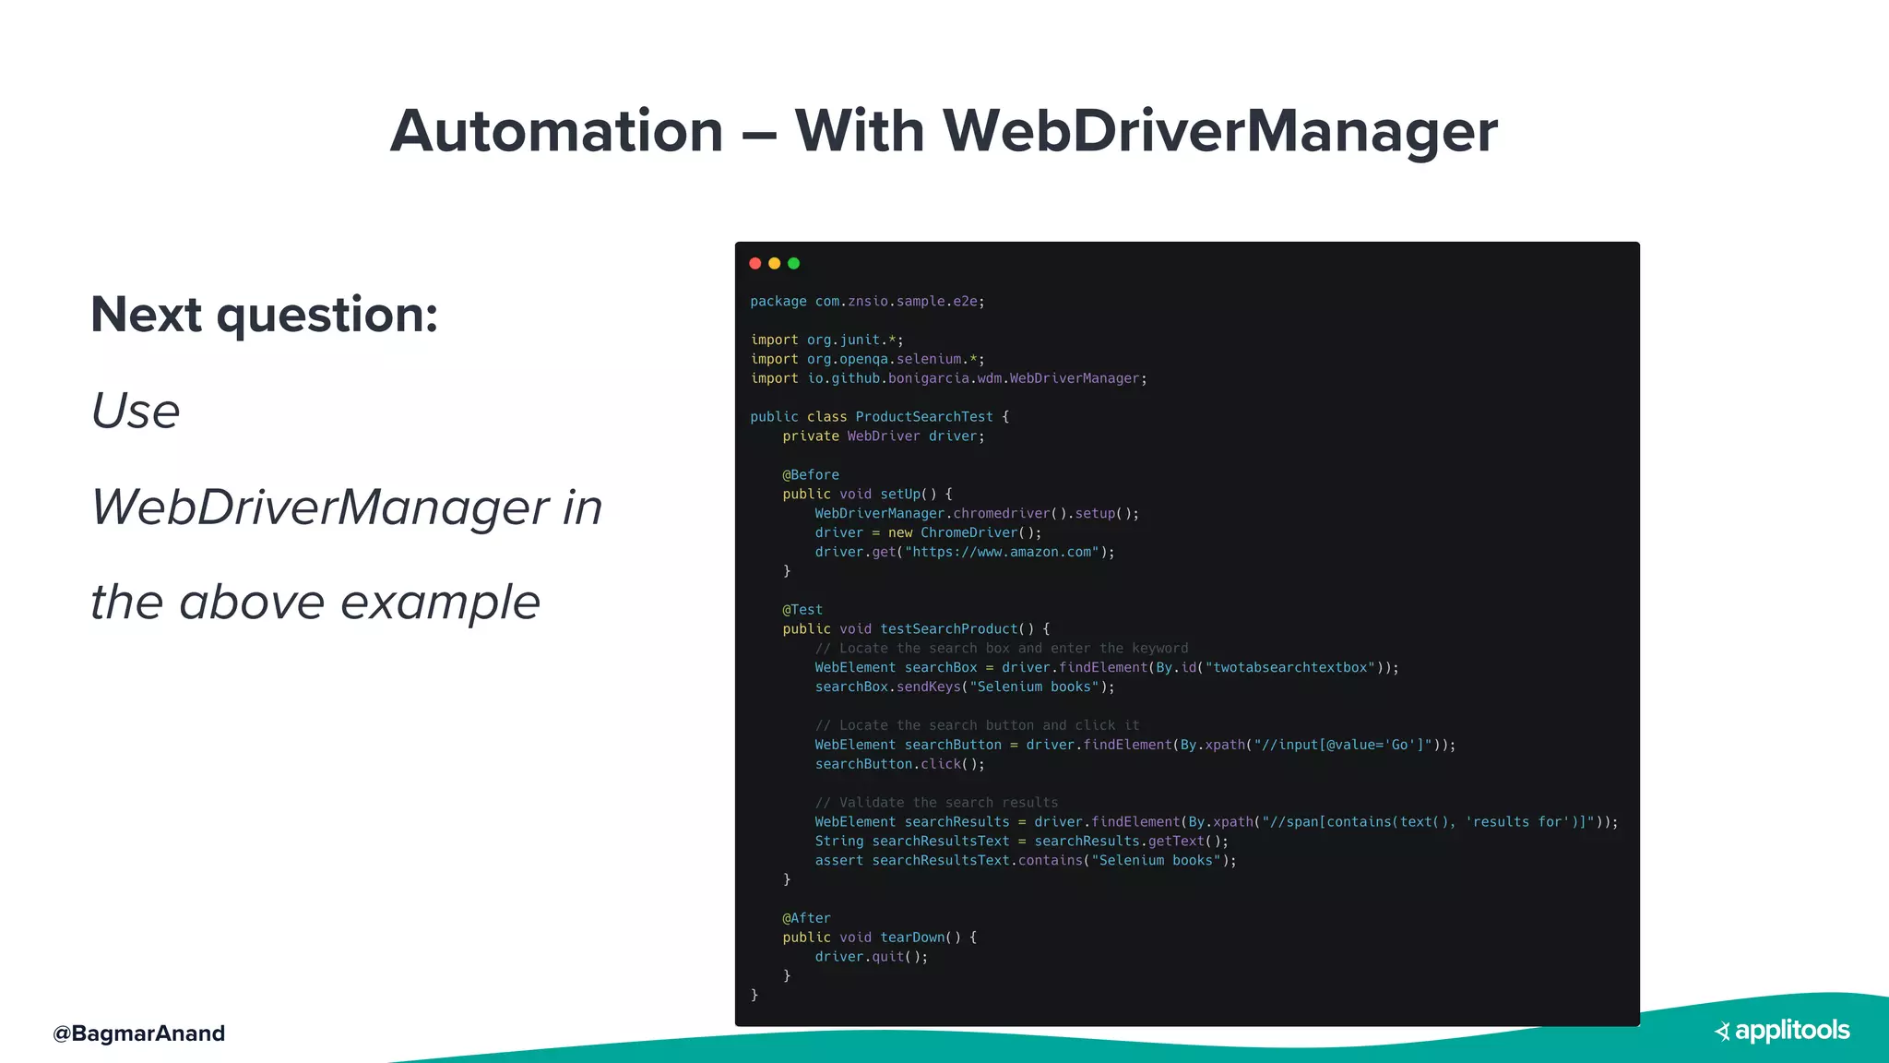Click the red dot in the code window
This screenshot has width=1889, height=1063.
(x=755, y=264)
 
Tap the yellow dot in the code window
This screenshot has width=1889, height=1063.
(x=775, y=264)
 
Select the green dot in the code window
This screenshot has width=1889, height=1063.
(x=794, y=264)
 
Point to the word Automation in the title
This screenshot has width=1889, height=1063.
(x=556, y=131)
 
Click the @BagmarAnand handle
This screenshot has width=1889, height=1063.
(x=139, y=1033)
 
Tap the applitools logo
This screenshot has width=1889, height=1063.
(x=1782, y=1031)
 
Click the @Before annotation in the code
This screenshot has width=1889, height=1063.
(x=811, y=475)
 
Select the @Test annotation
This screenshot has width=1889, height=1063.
(x=802, y=610)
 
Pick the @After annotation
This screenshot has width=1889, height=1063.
(x=806, y=918)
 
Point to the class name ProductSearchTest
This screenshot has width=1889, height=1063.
(x=923, y=417)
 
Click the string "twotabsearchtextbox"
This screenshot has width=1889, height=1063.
(x=1289, y=668)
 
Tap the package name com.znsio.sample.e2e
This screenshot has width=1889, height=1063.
(x=899, y=302)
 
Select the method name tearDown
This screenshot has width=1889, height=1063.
(x=912, y=938)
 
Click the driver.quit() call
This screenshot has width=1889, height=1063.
(x=871, y=957)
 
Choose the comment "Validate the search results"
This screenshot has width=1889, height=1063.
(x=936, y=803)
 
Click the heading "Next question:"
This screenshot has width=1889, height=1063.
(x=265, y=315)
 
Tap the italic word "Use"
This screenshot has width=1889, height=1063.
(x=136, y=412)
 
